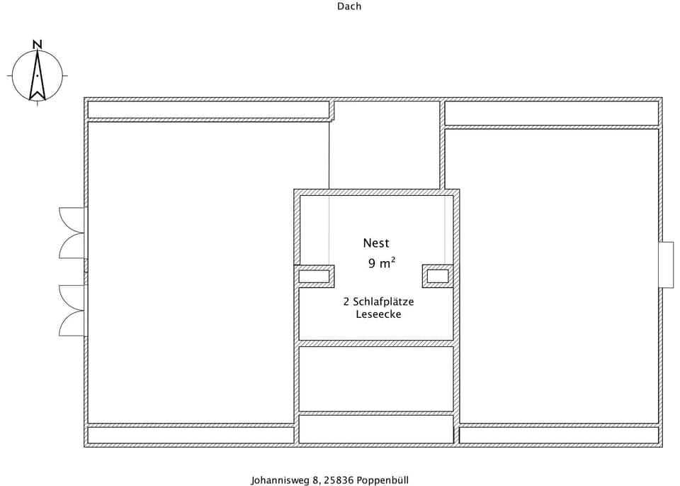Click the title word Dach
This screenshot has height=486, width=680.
(348, 6)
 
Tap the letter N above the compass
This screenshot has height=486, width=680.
(38, 44)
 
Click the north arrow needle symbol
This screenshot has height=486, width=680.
(38, 75)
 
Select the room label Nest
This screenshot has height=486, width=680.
(376, 243)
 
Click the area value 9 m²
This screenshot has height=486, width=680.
(381, 263)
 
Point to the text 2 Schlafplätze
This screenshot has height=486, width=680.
(378, 302)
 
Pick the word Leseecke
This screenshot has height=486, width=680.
(378, 314)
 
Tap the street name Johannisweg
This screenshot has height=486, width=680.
(281, 480)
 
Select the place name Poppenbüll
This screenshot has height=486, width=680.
(383, 480)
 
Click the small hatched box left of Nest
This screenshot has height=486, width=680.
(314, 276)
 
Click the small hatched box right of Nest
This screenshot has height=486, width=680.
(438, 276)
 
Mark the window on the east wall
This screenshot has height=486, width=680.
(666, 265)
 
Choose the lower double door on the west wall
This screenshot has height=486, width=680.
(72, 310)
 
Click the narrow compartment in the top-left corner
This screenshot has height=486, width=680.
(208, 110)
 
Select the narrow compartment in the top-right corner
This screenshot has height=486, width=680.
(551, 113)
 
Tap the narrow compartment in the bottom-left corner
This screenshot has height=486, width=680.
(190, 435)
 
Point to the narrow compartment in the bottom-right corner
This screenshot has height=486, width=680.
(559, 435)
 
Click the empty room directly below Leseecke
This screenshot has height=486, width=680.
(376, 378)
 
